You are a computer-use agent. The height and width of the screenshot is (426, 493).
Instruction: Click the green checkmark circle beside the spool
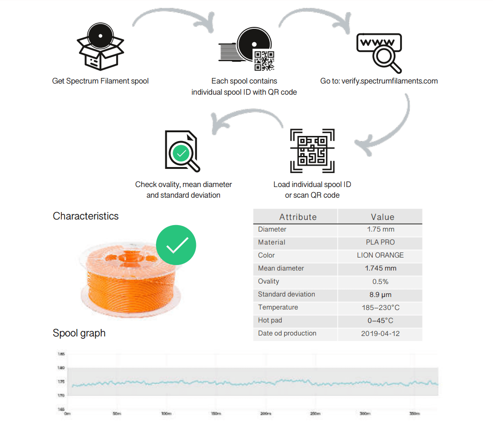tap(176, 245)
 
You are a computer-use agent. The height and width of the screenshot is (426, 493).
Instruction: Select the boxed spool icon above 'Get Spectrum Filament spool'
tap(100, 47)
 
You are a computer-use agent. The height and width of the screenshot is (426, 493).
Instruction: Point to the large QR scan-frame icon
tap(312, 151)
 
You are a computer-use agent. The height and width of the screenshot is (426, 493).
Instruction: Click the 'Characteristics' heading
tap(85, 216)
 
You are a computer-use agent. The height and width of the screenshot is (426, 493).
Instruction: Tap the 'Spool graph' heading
tap(79, 333)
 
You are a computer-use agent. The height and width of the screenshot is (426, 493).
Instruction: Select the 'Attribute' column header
tap(298, 217)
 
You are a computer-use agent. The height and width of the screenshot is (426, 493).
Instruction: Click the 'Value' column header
tap(383, 217)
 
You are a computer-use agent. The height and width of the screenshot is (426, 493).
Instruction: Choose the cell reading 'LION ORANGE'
tap(380, 255)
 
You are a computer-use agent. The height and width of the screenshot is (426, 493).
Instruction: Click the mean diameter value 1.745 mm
tap(380, 268)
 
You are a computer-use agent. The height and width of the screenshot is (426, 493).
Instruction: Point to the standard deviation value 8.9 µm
tap(380, 294)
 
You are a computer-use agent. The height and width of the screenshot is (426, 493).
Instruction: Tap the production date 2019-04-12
tap(380, 333)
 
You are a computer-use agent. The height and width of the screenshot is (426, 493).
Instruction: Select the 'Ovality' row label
tap(268, 281)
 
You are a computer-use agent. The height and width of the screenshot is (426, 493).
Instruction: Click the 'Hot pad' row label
tap(270, 320)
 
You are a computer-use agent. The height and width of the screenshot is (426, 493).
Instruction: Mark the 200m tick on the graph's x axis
tap(266, 413)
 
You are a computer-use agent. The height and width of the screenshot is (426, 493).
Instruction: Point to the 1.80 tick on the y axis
tap(61, 368)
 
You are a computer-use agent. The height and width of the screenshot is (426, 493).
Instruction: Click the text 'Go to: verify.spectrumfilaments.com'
tap(379, 81)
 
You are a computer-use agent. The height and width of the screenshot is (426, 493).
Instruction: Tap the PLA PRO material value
tap(380, 242)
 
